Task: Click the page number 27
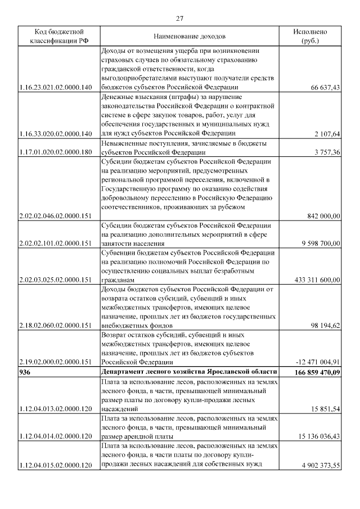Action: [x=179, y=19]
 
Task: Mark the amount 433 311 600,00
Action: [x=317, y=280]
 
